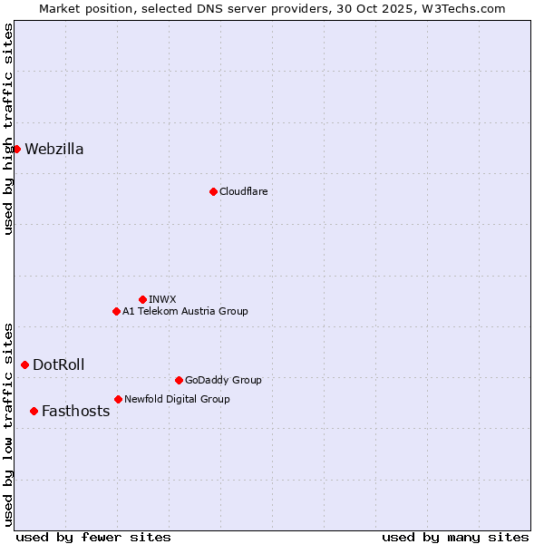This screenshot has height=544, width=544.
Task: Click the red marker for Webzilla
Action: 16,149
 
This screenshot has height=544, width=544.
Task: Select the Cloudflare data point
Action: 213,191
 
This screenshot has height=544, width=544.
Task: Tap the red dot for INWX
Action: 142,299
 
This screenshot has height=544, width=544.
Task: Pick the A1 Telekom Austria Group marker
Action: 116,311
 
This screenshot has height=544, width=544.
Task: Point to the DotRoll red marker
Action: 24,364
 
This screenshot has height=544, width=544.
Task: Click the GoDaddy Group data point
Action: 179,380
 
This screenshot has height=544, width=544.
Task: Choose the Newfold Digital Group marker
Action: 118,399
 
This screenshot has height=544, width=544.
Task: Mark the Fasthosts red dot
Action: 34,411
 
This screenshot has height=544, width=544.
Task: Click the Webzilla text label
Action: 54,150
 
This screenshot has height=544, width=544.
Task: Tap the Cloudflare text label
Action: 243,191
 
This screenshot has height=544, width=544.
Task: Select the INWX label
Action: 162,299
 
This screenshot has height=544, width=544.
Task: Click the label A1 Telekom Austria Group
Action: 185,311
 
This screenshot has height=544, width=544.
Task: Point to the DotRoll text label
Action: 59,365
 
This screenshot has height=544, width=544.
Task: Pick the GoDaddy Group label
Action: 223,380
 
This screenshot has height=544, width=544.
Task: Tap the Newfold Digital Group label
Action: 177,399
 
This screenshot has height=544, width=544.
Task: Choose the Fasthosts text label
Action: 75,412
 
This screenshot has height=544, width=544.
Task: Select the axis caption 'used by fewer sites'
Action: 93,537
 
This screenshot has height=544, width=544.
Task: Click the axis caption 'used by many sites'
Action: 455,537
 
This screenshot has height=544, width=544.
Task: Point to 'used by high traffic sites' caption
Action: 8,129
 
